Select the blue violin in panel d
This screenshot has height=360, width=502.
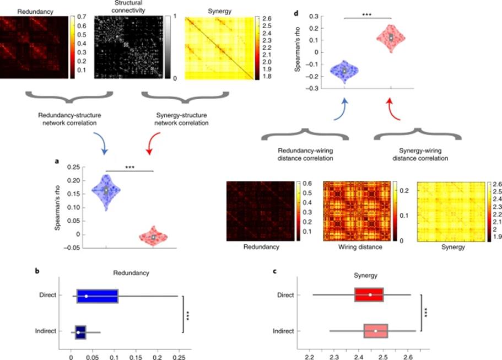(344, 71)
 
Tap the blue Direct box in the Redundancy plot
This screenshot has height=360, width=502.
(96, 296)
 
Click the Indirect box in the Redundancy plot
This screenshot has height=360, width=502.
(80, 332)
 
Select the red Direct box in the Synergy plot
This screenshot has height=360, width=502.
(369, 295)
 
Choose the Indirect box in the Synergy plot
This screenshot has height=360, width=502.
(376, 331)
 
